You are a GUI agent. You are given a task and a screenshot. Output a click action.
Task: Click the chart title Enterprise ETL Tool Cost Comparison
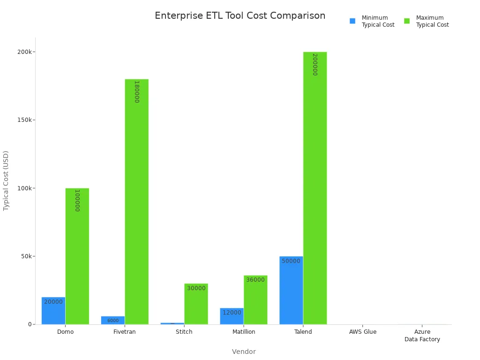pyautogui.click(x=240, y=16)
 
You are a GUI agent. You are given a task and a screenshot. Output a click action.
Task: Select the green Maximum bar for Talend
pyautogui.click(x=315, y=187)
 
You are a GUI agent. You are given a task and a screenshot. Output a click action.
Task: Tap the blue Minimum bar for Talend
pyautogui.click(x=291, y=291)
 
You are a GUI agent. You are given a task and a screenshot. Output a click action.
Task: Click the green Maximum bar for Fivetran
pyautogui.click(x=136, y=202)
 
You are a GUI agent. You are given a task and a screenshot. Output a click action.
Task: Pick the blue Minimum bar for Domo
pyautogui.click(x=53, y=311)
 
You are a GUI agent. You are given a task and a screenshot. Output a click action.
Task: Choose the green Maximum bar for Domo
pyautogui.click(x=77, y=256)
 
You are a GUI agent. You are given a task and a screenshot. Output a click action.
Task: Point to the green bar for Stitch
pyautogui.click(x=196, y=304)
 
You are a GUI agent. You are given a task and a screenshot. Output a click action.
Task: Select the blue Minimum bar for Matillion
pyautogui.click(x=232, y=316)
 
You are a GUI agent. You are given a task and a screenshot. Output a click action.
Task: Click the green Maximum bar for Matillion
pyautogui.click(x=255, y=300)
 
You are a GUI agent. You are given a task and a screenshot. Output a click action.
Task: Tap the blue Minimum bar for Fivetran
pyautogui.click(x=113, y=320)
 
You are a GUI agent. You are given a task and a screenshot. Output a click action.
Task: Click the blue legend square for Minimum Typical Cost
pyautogui.click(x=352, y=21)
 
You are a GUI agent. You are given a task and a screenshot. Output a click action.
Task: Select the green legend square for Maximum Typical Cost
pyautogui.click(x=407, y=21)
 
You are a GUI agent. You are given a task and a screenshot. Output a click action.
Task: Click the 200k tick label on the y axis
pyautogui.click(x=25, y=52)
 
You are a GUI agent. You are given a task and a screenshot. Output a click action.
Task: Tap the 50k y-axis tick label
pyautogui.click(x=26, y=256)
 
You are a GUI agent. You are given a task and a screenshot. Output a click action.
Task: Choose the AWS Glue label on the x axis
pyautogui.click(x=363, y=332)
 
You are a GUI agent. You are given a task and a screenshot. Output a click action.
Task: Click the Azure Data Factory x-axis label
pyautogui.click(x=422, y=336)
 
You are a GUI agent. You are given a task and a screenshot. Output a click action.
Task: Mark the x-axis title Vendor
pyautogui.click(x=244, y=352)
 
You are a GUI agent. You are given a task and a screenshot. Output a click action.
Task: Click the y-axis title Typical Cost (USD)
pyautogui.click(x=6, y=180)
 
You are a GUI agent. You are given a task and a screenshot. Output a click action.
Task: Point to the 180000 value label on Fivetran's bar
pyautogui.click(x=136, y=92)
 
